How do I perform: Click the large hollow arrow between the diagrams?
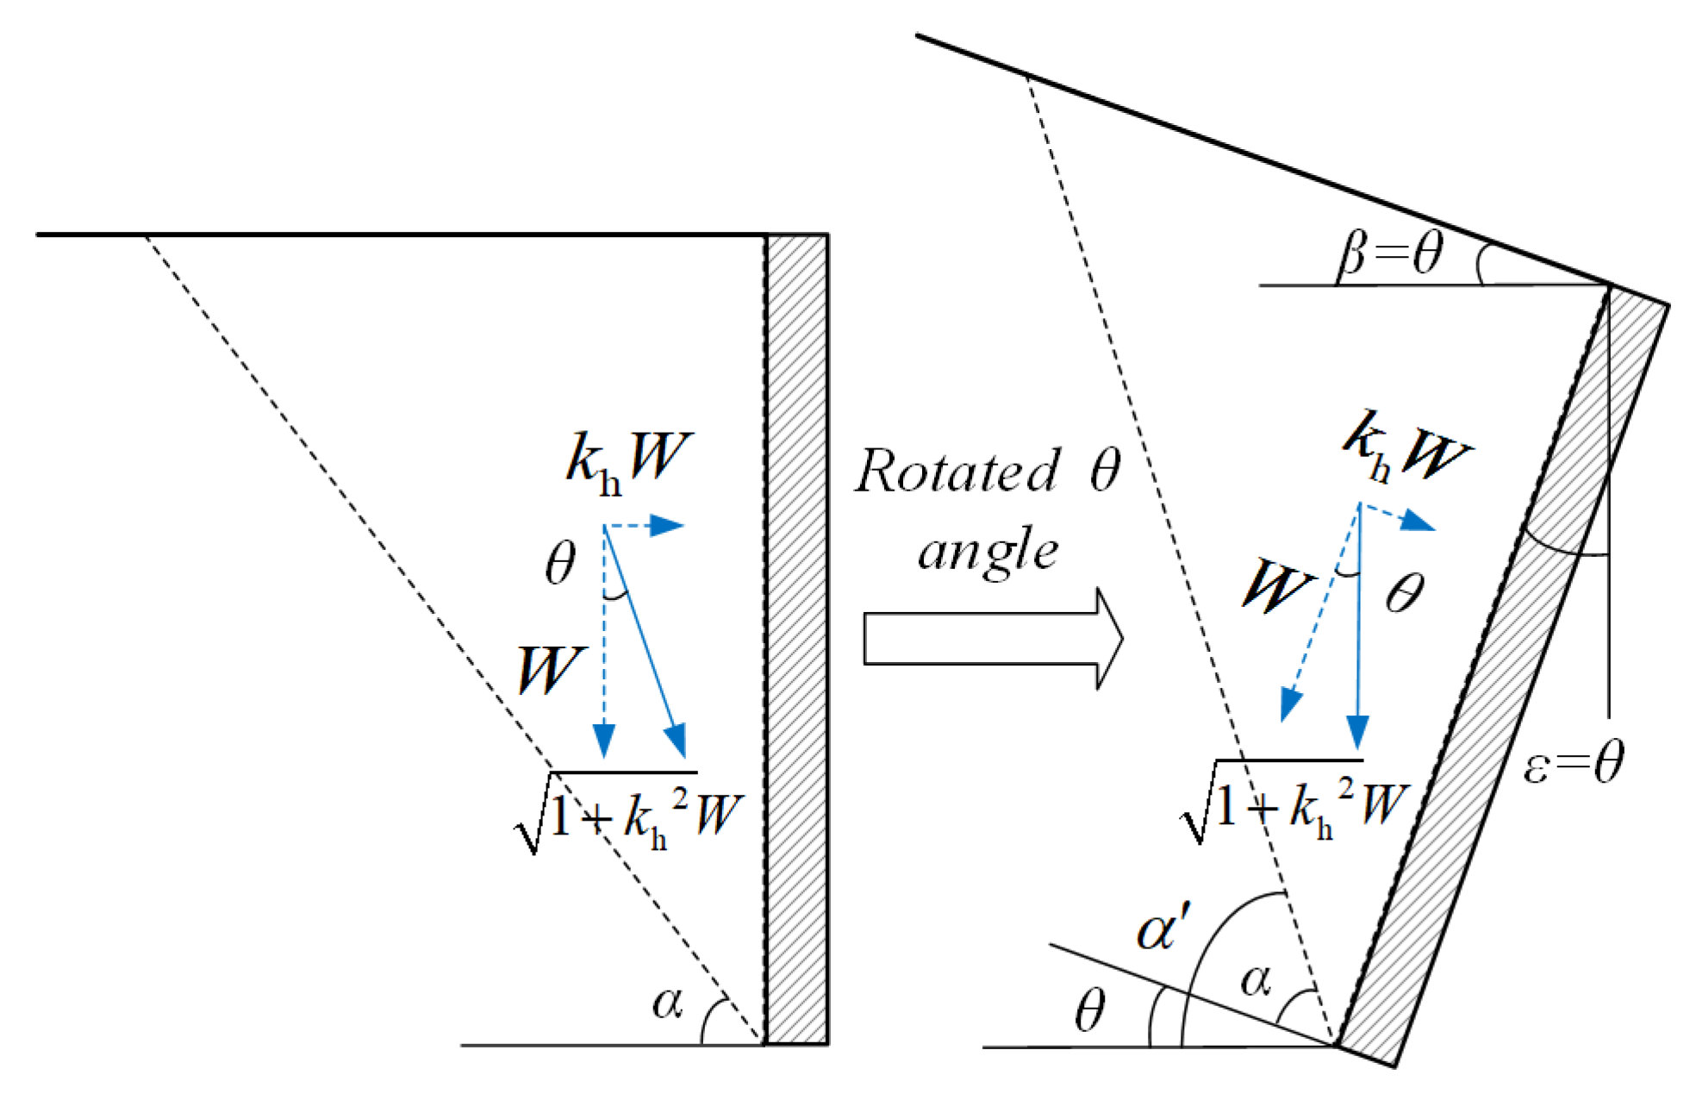click(991, 639)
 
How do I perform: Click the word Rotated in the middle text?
click(957, 472)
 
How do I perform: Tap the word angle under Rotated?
click(988, 552)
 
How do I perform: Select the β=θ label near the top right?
click(1390, 256)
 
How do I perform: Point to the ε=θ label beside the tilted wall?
click(1573, 764)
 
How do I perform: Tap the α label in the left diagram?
click(667, 1002)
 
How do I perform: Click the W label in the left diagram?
click(550, 670)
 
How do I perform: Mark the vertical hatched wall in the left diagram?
click(797, 638)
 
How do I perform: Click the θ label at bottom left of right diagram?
click(1089, 1010)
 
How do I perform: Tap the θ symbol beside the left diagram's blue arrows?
click(560, 565)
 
